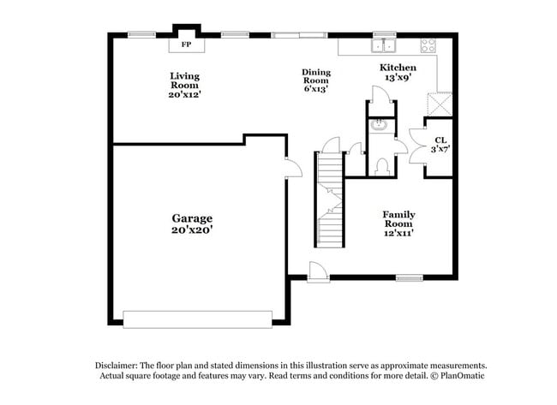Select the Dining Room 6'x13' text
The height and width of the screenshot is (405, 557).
pos(315,80)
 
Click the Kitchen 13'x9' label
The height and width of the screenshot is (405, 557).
pos(399,72)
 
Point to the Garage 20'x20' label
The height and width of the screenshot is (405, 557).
pos(191,223)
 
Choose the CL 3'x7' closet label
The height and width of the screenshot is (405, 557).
pos(440,144)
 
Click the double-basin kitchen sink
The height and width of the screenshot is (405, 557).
pos(384,46)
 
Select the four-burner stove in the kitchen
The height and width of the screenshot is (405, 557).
pos(428,46)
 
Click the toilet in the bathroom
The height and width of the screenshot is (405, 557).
pos(382,164)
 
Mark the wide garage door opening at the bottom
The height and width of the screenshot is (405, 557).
pos(198,319)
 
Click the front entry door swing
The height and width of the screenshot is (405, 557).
pos(317,271)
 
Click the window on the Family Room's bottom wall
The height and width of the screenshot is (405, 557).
pos(410,277)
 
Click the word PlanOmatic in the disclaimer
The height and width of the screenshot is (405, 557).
pos(463,376)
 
